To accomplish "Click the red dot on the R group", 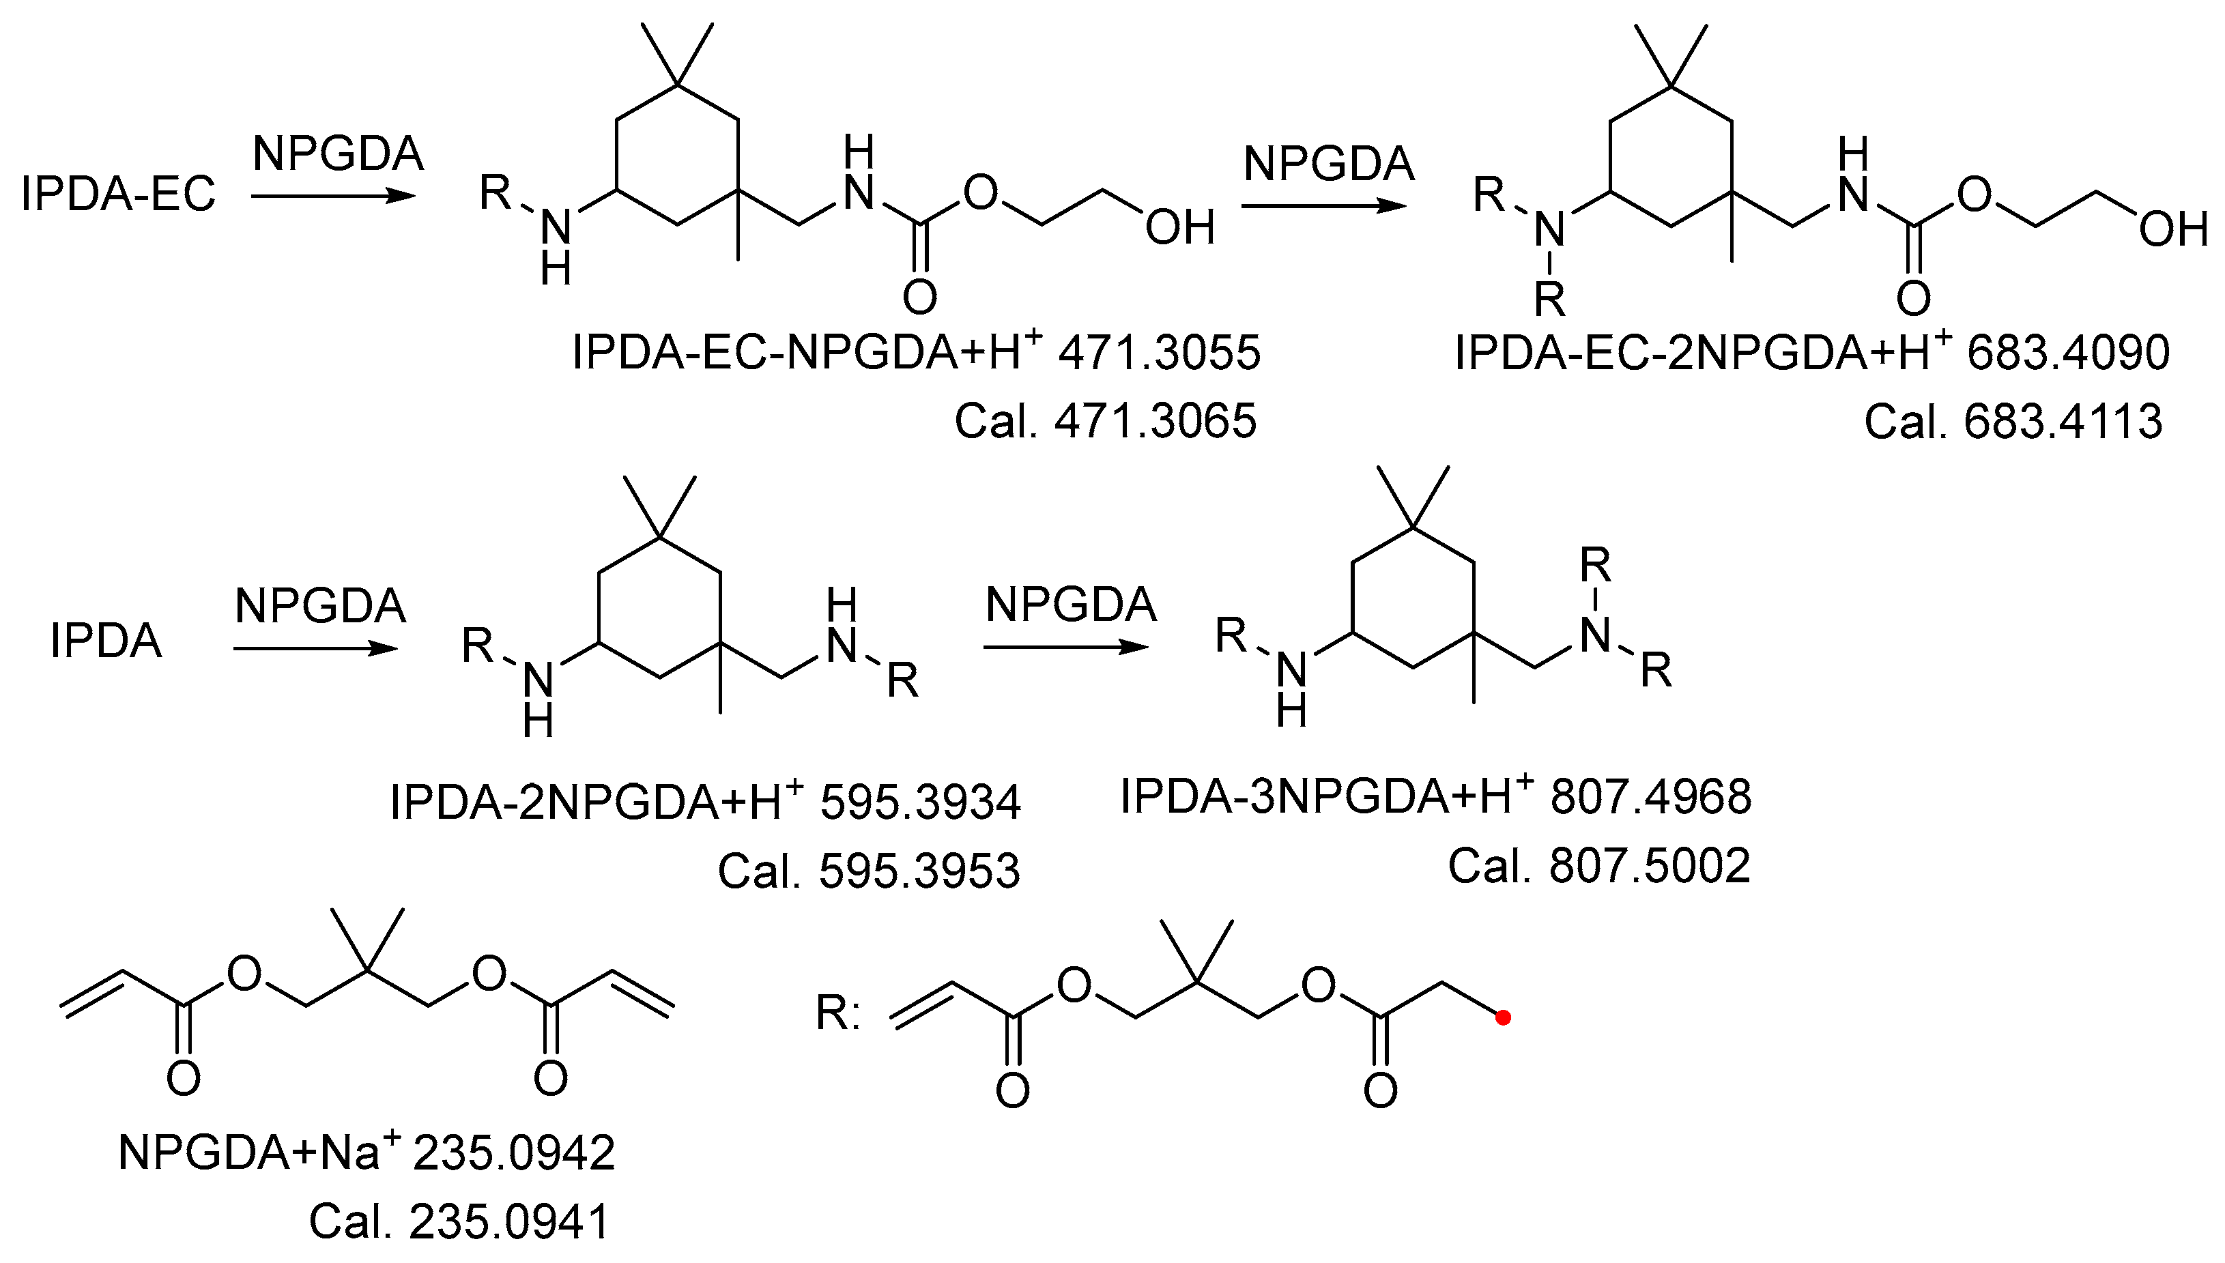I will [1504, 1017].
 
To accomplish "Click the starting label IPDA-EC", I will [118, 192].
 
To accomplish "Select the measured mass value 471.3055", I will [1159, 353].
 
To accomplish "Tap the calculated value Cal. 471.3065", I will [1105, 422].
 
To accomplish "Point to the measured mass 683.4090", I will [2068, 353].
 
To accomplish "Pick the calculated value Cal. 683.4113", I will [2013, 422].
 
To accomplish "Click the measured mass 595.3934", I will [920, 802].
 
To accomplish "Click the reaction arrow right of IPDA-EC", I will [334, 196].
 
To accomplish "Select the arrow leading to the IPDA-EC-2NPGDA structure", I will [1323, 205].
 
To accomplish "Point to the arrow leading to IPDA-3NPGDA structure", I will [1066, 647].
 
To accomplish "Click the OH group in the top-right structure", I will [2173, 230].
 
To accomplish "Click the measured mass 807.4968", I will [1651, 796].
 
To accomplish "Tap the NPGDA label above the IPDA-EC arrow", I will [339, 154].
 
